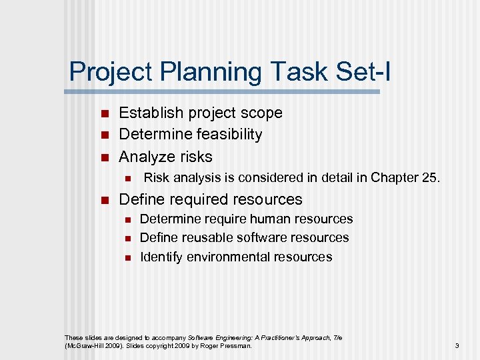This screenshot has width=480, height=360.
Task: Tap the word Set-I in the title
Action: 357,72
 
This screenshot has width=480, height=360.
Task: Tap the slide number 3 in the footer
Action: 457,346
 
